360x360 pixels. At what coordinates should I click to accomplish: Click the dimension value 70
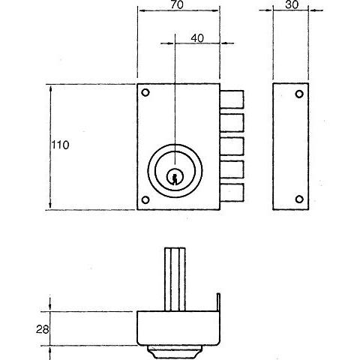click(x=177, y=4)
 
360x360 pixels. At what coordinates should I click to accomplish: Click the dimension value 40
click(x=197, y=38)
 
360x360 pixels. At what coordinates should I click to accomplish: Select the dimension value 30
click(x=292, y=4)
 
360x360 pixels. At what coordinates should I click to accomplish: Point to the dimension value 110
click(x=60, y=145)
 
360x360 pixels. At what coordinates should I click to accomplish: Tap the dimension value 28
click(x=42, y=329)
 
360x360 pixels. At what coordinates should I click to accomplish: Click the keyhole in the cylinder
click(x=175, y=177)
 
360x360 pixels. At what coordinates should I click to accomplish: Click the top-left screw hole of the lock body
click(x=145, y=92)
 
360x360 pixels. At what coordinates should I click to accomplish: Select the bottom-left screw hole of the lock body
click(x=145, y=200)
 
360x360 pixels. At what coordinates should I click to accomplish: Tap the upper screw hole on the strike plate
click(x=299, y=94)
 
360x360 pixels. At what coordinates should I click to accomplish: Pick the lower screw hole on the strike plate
click(x=299, y=199)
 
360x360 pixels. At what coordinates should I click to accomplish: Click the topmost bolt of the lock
click(x=232, y=99)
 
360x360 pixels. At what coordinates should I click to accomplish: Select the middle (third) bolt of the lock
click(x=232, y=146)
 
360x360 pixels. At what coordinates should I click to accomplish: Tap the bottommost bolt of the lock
click(x=232, y=193)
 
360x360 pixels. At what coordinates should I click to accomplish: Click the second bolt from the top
click(x=232, y=122)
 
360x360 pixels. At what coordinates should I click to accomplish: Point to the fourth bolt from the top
click(x=232, y=169)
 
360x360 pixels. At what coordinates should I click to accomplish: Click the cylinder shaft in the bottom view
click(x=175, y=279)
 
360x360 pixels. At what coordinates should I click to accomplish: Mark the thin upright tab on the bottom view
click(x=218, y=302)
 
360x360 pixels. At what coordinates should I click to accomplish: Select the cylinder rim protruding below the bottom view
click(x=174, y=352)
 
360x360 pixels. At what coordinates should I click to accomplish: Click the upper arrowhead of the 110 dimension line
click(x=51, y=88)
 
